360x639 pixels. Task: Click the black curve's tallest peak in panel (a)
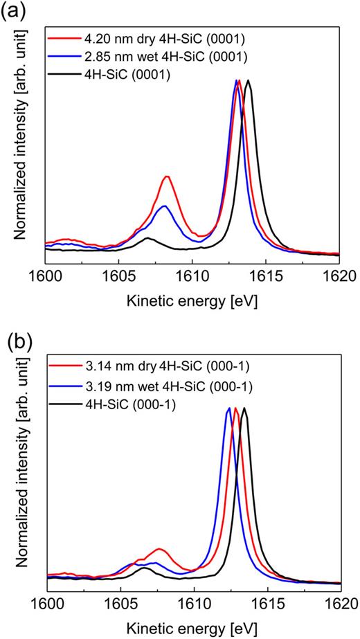(x=248, y=80)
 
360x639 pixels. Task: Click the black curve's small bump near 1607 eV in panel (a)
(x=147, y=238)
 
